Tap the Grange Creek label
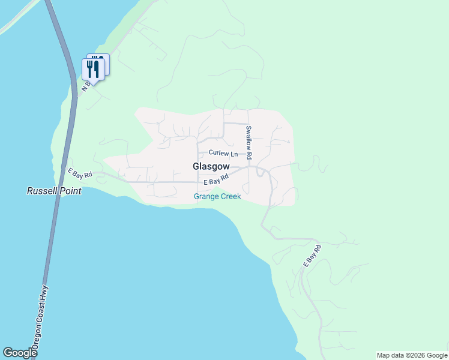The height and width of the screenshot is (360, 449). pos(217,196)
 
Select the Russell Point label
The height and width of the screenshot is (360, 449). pos(54,191)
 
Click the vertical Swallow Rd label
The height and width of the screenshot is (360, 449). pos(249,142)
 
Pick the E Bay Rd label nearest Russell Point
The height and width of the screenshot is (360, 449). pos(79,173)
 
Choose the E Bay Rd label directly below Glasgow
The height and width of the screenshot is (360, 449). pos(216,180)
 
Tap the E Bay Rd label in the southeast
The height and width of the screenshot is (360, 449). pos(312,255)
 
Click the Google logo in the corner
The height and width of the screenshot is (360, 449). pos(20,353)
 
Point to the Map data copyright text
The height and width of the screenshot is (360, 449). pos(412,355)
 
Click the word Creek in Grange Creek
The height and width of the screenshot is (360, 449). pos(231,196)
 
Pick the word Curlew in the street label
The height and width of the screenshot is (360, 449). pos(214,154)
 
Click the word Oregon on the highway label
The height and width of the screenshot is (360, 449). pos(37,339)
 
